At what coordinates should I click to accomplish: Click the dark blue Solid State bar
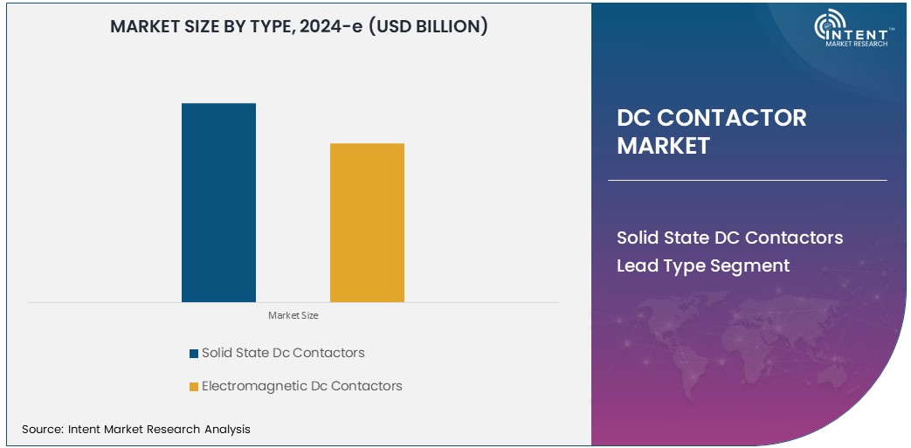(218, 203)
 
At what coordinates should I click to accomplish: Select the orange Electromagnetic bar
(367, 223)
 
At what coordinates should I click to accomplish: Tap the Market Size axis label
(293, 315)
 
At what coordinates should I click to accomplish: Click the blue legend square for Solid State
(193, 354)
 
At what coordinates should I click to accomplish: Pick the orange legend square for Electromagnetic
(193, 387)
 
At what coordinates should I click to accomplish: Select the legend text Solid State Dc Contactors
(283, 353)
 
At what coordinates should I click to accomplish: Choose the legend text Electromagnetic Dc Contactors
(301, 386)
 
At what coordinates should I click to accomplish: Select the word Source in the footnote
(41, 429)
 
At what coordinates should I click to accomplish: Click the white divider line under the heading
(747, 181)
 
